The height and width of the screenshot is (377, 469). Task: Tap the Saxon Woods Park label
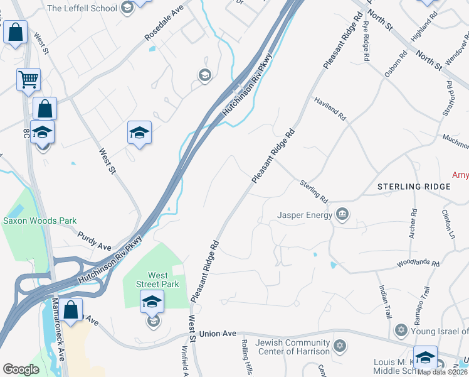[x=40, y=221]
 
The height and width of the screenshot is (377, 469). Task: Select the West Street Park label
[x=157, y=280]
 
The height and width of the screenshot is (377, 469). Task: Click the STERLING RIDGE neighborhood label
[x=413, y=187]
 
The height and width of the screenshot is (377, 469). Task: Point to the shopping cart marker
[x=28, y=79]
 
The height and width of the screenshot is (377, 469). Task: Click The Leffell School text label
[x=82, y=8]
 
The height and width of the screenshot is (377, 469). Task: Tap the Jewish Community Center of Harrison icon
[x=340, y=346]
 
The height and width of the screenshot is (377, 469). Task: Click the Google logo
[x=21, y=369]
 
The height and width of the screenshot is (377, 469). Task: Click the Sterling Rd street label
[x=314, y=191]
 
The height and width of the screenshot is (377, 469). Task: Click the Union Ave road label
[x=219, y=333]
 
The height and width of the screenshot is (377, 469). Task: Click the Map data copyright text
[x=443, y=372]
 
